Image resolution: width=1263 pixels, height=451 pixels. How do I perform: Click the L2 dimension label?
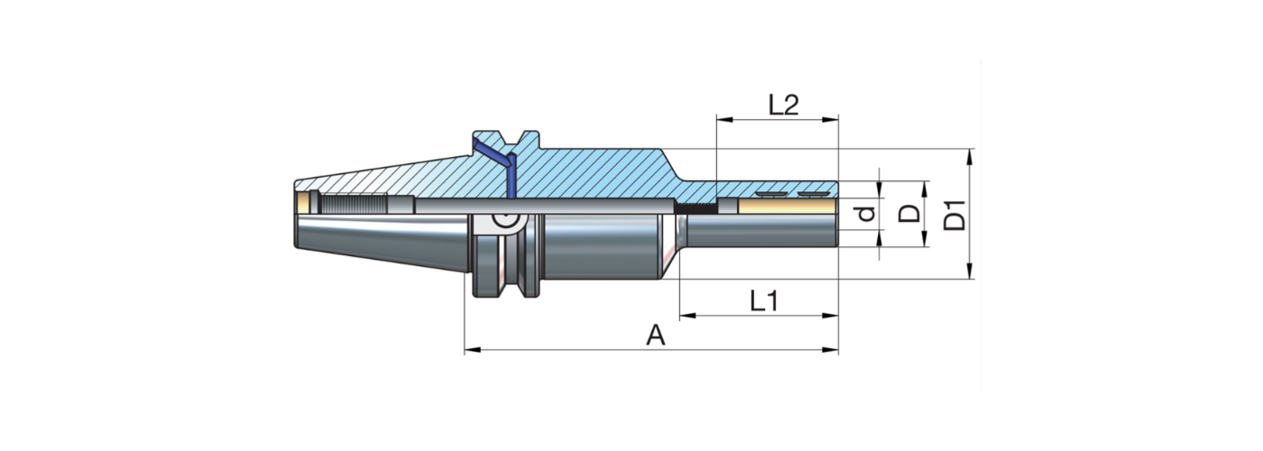(x=784, y=105)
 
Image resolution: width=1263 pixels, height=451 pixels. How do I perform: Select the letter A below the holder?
(x=656, y=336)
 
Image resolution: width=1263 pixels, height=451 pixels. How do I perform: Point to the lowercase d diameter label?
(x=867, y=215)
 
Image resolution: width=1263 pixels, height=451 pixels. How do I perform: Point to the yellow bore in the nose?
(x=785, y=207)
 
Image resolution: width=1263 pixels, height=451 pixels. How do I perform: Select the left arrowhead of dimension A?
(x=469, y=349)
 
